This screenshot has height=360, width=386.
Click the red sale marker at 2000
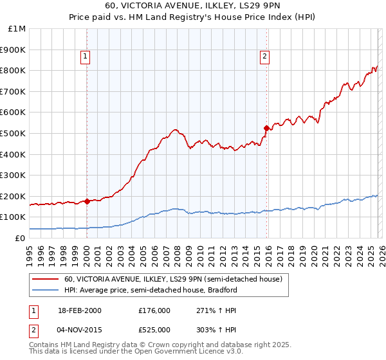[87, 201]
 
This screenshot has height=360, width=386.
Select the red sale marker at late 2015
[266, 128]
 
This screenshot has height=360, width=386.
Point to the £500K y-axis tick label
[14, 133]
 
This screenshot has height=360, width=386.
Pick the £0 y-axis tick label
[21, 238]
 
